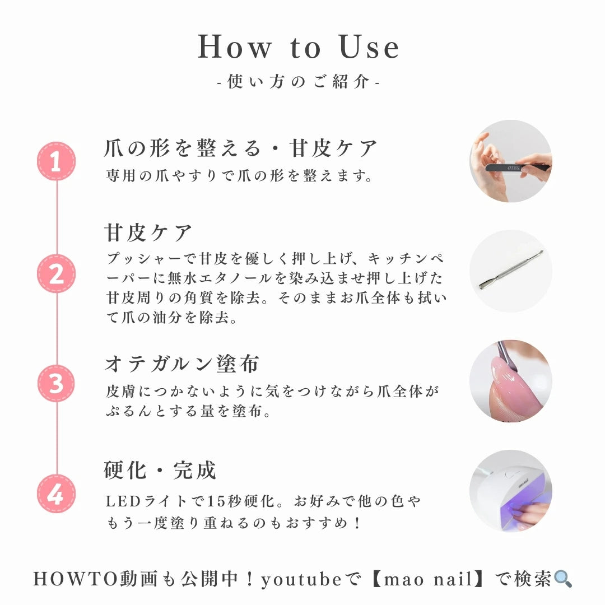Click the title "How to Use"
tap(299, 48)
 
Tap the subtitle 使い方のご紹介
tap(299, 82)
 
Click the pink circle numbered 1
tap(56, 161)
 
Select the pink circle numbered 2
tap(56, 274)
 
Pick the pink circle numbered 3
tap(56, 384)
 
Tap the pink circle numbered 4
tap(56, 494)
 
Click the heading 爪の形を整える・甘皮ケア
tap(241, 149)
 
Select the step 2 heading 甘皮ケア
tap(148, 232)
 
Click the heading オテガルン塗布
tap(182, 364)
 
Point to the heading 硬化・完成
tap(160, 471)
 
